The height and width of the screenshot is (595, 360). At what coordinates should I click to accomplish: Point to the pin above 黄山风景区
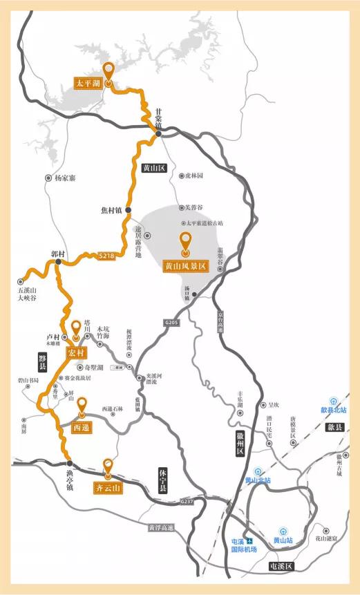tap(185, 241)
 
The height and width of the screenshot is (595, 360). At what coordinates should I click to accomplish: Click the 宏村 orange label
tap(76, 353)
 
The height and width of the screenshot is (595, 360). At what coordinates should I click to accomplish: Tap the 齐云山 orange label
tap(108, 488)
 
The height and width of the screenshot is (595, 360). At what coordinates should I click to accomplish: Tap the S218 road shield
tap(106, 256)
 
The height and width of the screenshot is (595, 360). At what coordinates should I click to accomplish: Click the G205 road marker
tap(171, 322)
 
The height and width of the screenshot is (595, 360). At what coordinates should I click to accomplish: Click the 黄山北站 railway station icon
tap(258, 470)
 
